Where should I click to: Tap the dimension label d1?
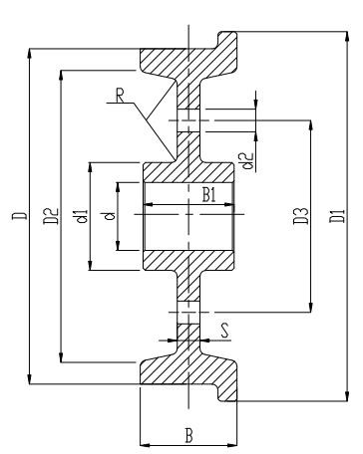pos(81,214)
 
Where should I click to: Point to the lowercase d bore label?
pos(109,214)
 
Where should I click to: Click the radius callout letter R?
pos(121,97)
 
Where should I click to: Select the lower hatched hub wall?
pos(189,258)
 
